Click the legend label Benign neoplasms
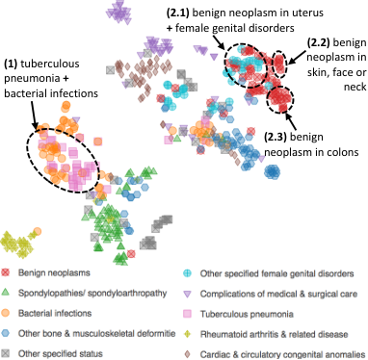[x=54, y=273]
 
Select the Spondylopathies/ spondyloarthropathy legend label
[x=92, y=294]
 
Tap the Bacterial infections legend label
[x=55, y=313]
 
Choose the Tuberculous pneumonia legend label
[x=247, y=314]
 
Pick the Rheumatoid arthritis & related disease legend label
[x=274, y=334]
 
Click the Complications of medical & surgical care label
[x=278, y=294]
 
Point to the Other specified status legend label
[x=61, y=354]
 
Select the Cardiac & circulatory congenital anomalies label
[x=282, y=354]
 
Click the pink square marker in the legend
[x=187, y=314]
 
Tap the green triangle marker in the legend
[x=5, y=293]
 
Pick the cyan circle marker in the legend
[x=187, y=273]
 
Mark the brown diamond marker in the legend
[x=187, y=354]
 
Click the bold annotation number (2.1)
[x=177, y=13]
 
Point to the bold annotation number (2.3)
[x=276, y=137]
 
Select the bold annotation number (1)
[x=11, y=64]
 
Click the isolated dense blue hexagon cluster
[x=272, y=172]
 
